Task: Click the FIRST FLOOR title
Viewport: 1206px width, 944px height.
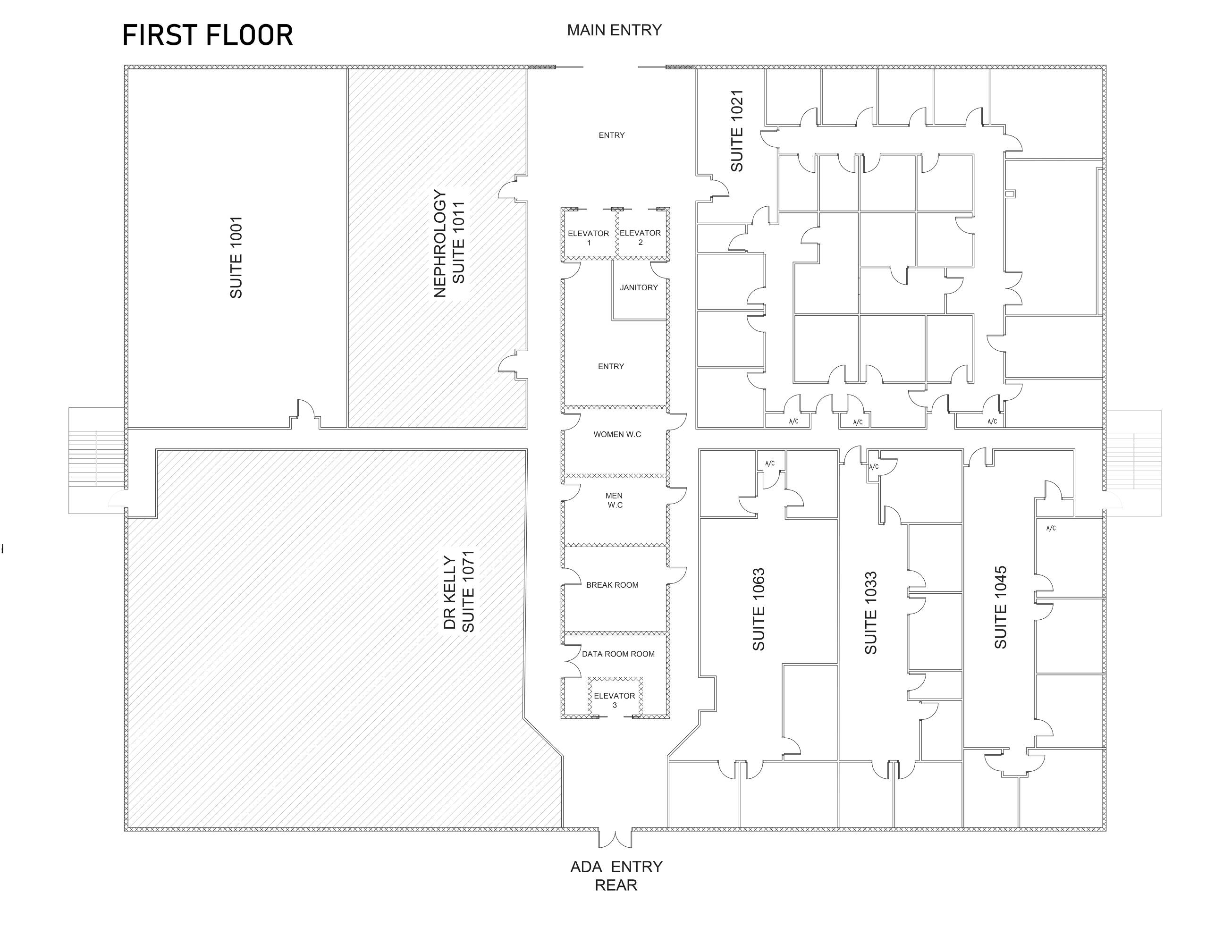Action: click(207, 35)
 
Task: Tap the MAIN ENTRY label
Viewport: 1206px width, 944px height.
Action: click(614, 30)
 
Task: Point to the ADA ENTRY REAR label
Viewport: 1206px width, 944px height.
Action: click(616, 876)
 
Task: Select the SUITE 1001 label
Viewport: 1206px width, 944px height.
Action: click(236, 258)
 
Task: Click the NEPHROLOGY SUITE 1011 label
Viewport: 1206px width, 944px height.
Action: click(449, 244)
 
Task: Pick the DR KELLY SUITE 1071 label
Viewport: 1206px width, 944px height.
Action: click(459, 591)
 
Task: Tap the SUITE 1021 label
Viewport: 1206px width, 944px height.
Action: click(737, 131)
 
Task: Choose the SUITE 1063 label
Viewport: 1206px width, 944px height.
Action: click(759, 609)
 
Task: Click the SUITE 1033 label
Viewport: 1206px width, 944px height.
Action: click(870, 613)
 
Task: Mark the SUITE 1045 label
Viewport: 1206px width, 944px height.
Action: click(1000, 607)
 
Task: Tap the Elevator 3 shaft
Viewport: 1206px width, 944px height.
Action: click(615, 698)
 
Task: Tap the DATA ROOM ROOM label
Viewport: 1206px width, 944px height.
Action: click(618, 654)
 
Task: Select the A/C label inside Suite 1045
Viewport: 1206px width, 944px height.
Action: click(1051, 528)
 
